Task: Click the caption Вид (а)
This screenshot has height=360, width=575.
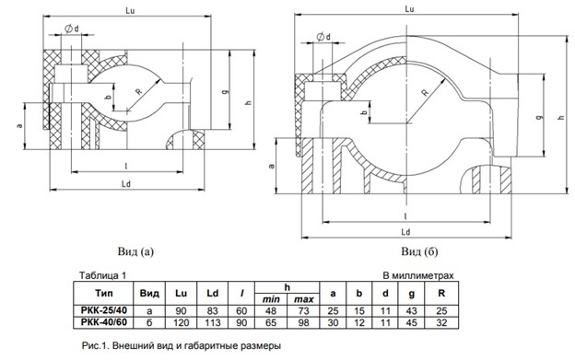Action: (135, 251)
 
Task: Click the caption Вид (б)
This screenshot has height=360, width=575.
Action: (419, 251)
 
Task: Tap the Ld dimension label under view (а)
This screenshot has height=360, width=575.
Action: (126, 184)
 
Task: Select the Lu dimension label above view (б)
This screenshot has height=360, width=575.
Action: (410, 9)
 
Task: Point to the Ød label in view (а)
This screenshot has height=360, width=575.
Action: (72, 29)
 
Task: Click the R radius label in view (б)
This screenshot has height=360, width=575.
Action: (425, 92)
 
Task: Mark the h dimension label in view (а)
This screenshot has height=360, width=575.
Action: (249, 102)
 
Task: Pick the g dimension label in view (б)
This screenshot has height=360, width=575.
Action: (539, 117)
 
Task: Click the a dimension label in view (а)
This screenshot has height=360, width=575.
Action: (19, 126)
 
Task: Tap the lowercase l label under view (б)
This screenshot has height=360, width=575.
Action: (405, 216)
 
